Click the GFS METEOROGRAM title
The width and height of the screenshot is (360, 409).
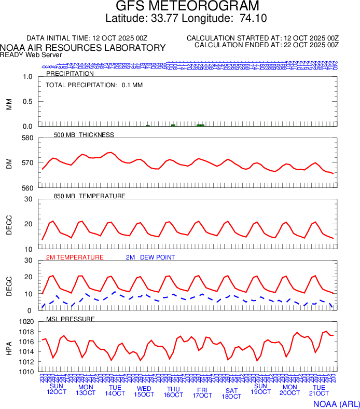(x=187, y=7)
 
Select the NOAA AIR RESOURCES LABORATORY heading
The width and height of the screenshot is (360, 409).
(x=83, y=48)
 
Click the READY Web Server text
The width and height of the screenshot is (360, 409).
(x=31, y=54)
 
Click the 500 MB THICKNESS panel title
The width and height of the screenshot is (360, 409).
(x=84, y=135)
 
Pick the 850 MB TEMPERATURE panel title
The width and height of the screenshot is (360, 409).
(x=90, y=196)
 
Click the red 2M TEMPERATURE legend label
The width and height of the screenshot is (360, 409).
(x=75, y=257)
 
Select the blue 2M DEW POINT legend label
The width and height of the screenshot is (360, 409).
(x=150, y=257)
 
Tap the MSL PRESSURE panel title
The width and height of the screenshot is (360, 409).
(x=71, y=319)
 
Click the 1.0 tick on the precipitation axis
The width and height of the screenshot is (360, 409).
(x=27, y=77)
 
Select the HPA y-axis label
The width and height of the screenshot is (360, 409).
(x=9, y=347)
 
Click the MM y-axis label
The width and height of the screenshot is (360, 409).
(x=9, y=103)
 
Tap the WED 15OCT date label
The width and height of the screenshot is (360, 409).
(x=144, y=391)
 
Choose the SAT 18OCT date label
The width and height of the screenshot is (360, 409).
(x=231, y=393)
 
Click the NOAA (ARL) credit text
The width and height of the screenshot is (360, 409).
(x=336, y=403)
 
